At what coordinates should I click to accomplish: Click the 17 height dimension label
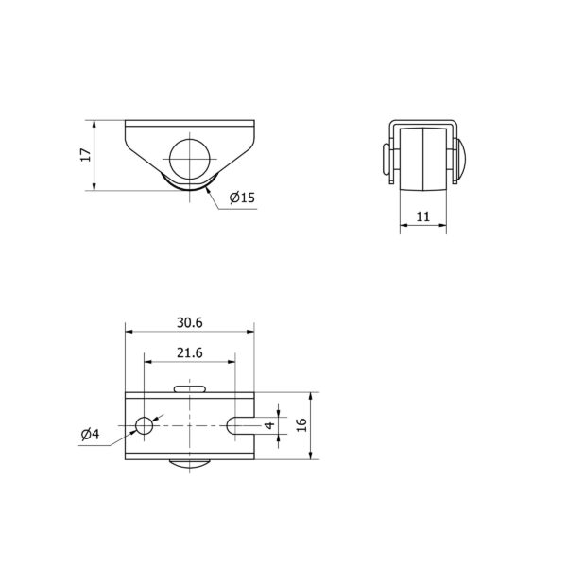point(86,155)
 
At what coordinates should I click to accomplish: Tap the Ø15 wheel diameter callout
point(242,198)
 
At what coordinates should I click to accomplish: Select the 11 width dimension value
point(423,216)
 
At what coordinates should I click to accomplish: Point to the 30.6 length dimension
point(190,322)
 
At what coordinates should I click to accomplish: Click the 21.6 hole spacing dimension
point(190,352)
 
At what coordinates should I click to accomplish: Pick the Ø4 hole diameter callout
point(90,434)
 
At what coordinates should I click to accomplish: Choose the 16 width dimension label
point(301,425)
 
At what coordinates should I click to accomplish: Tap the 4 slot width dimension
point(269,425)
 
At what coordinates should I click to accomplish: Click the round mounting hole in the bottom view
point(144,425)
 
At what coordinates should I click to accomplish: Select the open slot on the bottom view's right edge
point(240,425)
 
